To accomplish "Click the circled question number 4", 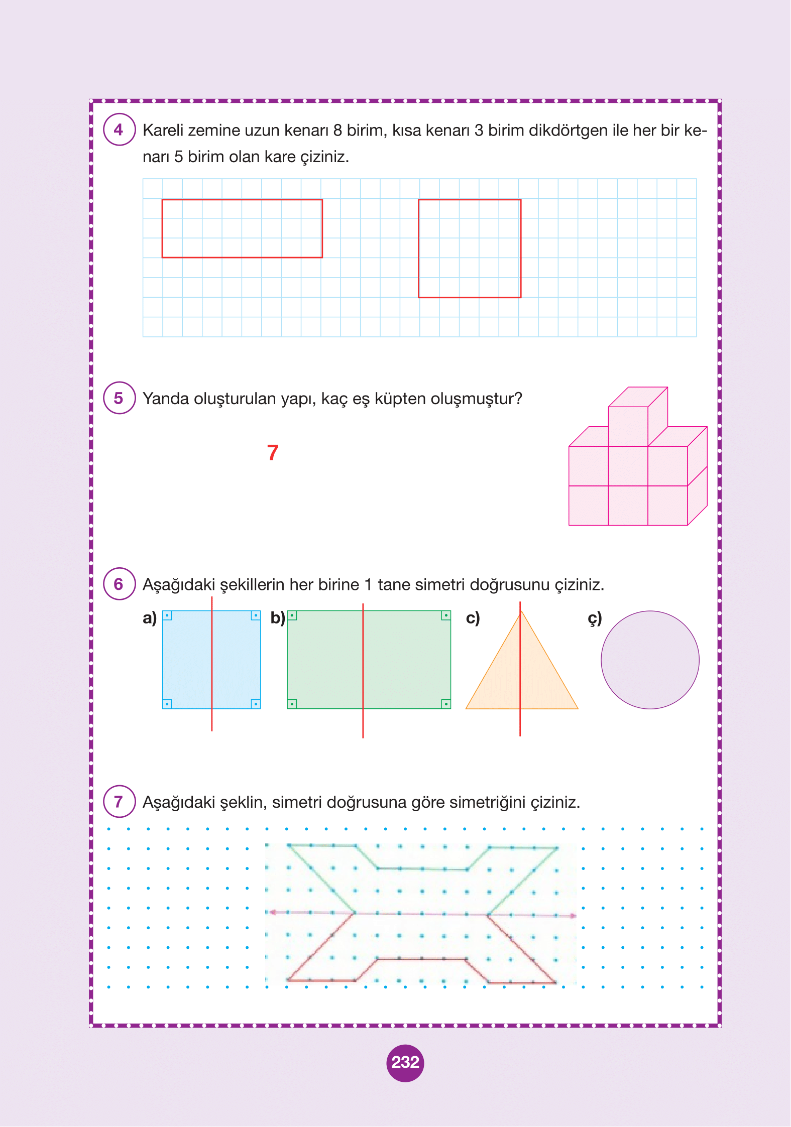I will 119,130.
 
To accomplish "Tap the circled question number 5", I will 119,398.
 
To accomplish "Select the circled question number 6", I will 119,584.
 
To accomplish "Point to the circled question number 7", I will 119,802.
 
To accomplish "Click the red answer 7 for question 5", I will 273,452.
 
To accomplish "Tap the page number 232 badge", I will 405,1062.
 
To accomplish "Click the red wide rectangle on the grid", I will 242,229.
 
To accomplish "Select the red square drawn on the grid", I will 470,248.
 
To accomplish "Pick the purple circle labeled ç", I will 650,660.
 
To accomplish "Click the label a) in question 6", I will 150,618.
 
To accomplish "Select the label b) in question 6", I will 278,618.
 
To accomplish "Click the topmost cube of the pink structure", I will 629,426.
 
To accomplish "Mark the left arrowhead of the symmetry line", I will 272,912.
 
